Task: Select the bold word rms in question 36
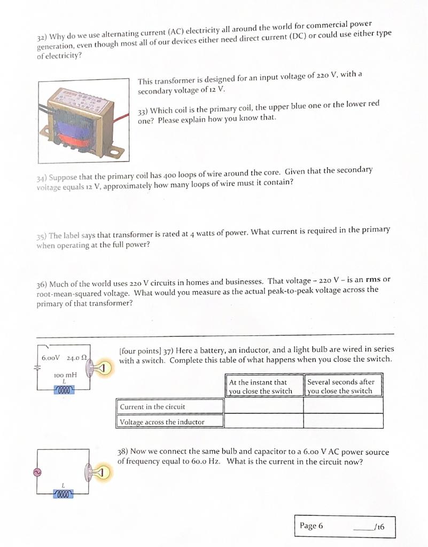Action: pos(373,280)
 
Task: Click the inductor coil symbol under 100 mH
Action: pos(64,389)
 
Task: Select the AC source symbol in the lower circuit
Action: pos(38,472)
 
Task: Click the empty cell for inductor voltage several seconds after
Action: pos(344,421)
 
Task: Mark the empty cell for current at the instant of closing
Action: pos(263,407)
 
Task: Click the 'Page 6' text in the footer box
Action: pos(312,526)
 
